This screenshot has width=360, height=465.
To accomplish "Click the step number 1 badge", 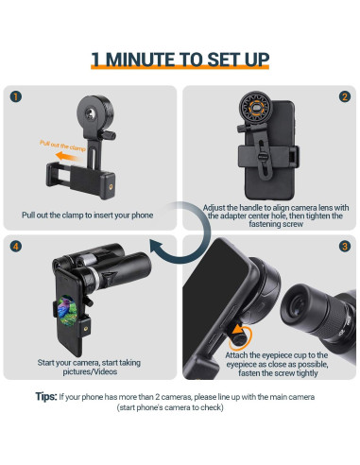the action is click(x=16, y=96).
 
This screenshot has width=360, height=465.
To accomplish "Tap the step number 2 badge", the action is click(x=345, y=96).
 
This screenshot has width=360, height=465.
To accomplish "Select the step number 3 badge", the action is click(x=345, y=246).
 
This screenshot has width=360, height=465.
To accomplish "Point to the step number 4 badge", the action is click(x=16, y=246).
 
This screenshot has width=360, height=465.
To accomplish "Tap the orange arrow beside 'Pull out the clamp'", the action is click(x=69, y=156).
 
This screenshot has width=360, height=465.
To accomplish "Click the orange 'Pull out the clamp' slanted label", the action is click(x=62, y=146).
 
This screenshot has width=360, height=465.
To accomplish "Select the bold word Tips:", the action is click(x=46, y=396).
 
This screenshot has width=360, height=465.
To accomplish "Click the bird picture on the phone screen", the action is click(x=67, y=310).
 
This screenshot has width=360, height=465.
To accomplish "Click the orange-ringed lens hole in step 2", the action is click(x=255, y=108).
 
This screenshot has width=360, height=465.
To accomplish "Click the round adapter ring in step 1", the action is click(x=94, y=112).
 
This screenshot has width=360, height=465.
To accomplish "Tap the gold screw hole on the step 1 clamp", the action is click(x=111, y=187).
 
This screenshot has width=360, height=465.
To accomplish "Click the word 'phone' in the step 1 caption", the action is click(x=143, y=215).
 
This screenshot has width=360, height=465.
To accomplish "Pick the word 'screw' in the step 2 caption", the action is click(x=293, y=224).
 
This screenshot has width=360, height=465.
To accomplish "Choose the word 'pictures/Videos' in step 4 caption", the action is click(x=90, y=371).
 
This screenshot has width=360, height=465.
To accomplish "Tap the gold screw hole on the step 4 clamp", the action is click(x=86, y=329).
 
